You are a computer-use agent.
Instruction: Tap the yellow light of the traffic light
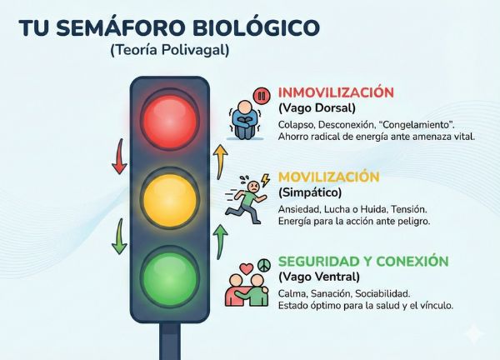(x=169, y=198)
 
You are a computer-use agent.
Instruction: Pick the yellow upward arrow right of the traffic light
(x=220, y=161)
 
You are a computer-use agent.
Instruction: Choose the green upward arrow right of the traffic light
(x=220, y=240)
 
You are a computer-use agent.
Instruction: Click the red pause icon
(x=262, y=94)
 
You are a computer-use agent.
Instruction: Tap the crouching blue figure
(x=247, y=118)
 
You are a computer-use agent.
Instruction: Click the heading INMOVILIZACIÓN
(x=335, y=92)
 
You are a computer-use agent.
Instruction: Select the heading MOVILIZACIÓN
(x=328, y=177)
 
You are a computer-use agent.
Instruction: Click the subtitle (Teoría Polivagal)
(x=169, y=50)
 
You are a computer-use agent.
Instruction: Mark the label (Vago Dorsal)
(x=317, y=108)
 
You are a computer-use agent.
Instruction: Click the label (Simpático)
(x=310, y=192)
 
